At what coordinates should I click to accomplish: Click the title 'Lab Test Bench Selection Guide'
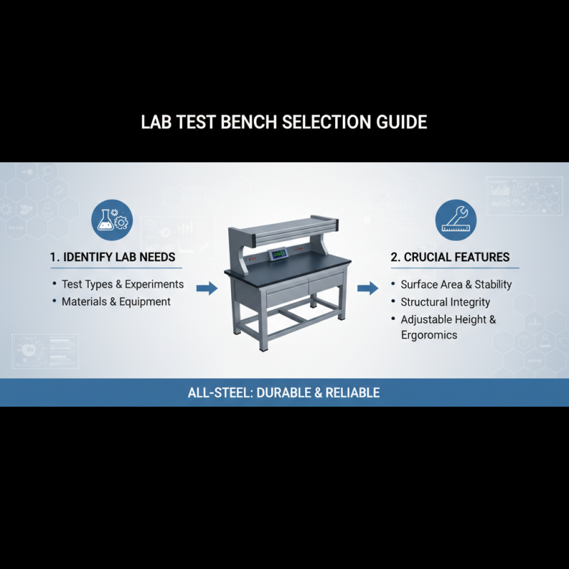click(x=284, y=122)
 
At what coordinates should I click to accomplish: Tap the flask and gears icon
click(x=112, y=218)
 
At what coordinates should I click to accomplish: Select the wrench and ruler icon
click(x=455, y=218)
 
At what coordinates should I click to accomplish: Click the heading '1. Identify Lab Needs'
click(x=113, y=257)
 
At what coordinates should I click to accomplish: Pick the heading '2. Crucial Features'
click(x=450, y=257)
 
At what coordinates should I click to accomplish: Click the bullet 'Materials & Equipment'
click(x=116, y=302)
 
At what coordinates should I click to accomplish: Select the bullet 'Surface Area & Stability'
click(x=456, y=284)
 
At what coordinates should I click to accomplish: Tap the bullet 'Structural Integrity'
click(x=445, y=302)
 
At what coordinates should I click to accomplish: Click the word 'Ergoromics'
click(x=429, y=335)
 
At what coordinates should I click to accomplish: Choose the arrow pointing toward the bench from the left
click(x=206, y=288)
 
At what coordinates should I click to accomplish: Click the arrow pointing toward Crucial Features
click(x=367, y=288)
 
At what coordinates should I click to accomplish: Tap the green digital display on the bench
click(x=277, y=254)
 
